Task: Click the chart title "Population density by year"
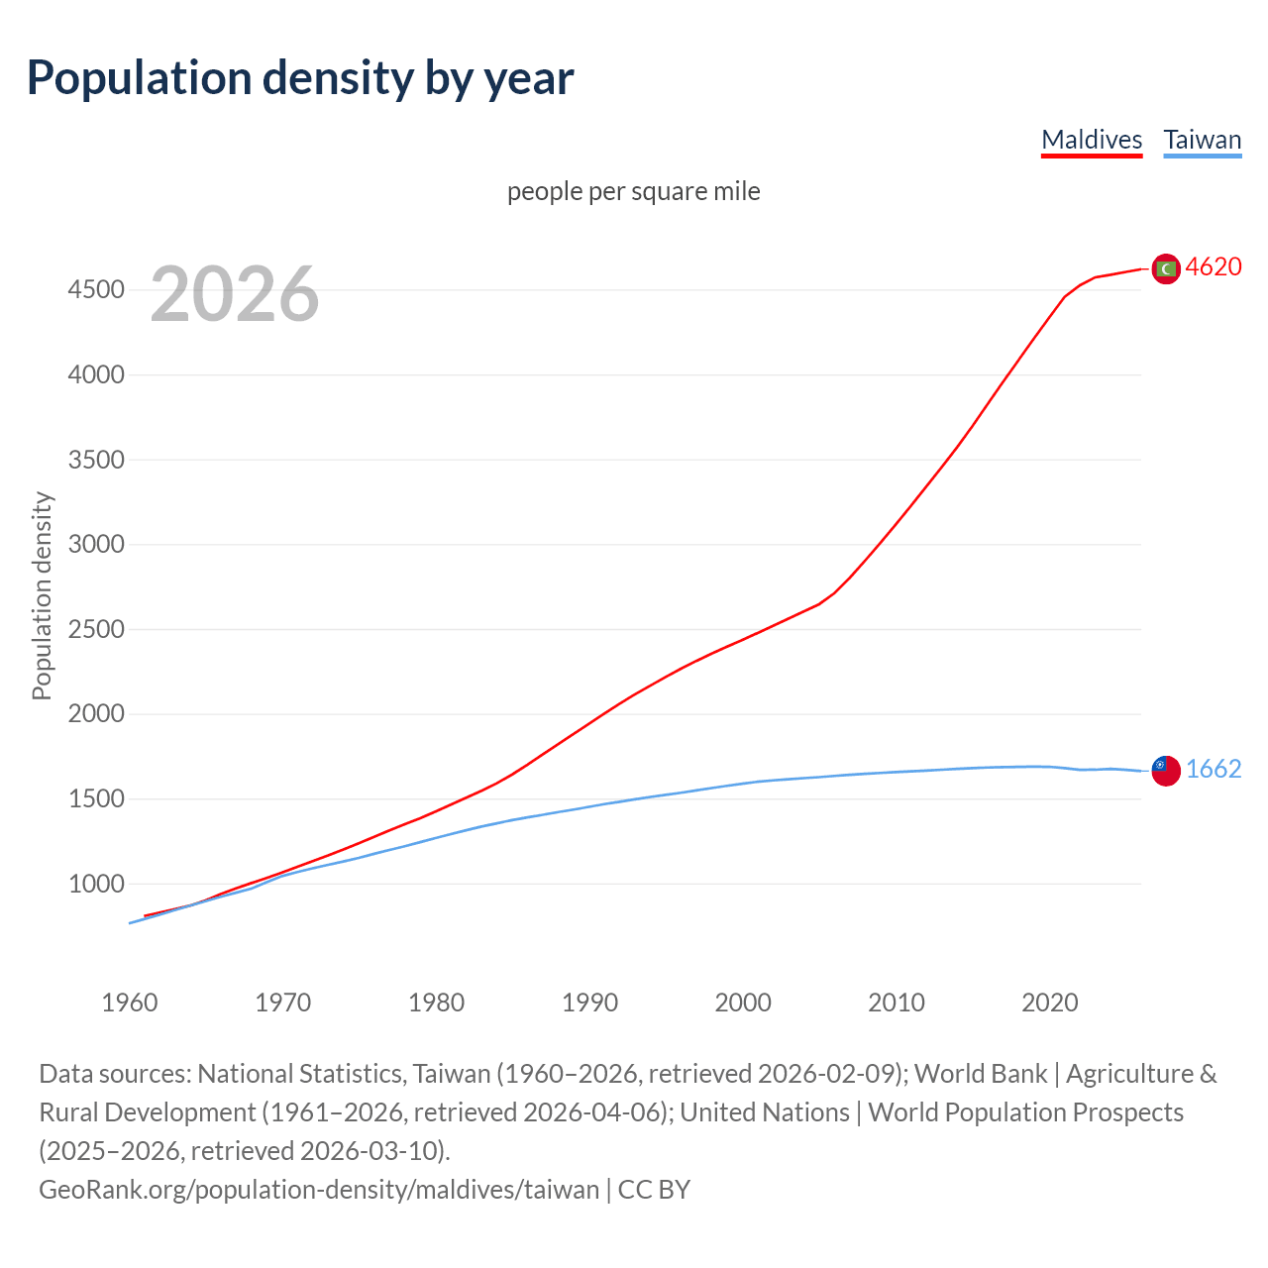pyautogui.click(x=299, y=78)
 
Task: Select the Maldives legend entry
pyautogui.click(x=1092, y=140)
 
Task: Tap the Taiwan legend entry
pyautogui.click(x=1202, y=140)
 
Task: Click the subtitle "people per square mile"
pyautogui.click(x=633, y=191)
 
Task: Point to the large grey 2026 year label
pyautogui.click(x=235, y=293)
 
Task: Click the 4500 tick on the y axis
pyautogui.click(x=96, y=290)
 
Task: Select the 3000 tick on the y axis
pyautogui.click(x=96, y=545)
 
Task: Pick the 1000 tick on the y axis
pyautogui.click(x=96, y=884)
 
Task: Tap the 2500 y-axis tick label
pyautogui.click(x=96, y=629)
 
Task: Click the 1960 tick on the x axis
pyautogui.click(x=130, y=1003)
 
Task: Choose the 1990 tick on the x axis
pyautogui.click(x=589, y=1003)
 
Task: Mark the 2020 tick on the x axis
pyautogui.click(x=1049, y=1003)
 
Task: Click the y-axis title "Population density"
pyautogui.click(x=42, y=596)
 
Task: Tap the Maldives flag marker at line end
pyautogui.click(x=1166, y=268)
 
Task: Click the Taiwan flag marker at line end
pyautogui.click(x=1166, y=770)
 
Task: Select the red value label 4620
pyautogui.click(x=1213, y=267)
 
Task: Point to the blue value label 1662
pyautogui.click(x=1213, y=770)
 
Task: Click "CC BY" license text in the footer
pyautogui.click(x=654, y=1190)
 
